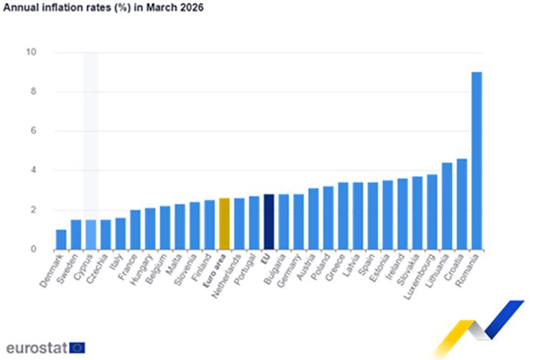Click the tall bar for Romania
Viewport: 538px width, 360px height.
click(x=477, y=161)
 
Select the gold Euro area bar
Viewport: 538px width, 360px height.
click(x=224, y=224)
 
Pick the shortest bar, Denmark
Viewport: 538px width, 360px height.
click(x=61, y=239)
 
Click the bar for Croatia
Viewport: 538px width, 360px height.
click(x=462, y=204)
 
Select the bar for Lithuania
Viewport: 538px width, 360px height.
click(x=447, y=206)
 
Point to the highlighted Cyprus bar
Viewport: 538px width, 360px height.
click(x=91, y=235)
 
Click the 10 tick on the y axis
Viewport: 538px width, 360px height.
click(x=32, y=52)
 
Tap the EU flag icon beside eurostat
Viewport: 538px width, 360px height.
click(x=78, y=347)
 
